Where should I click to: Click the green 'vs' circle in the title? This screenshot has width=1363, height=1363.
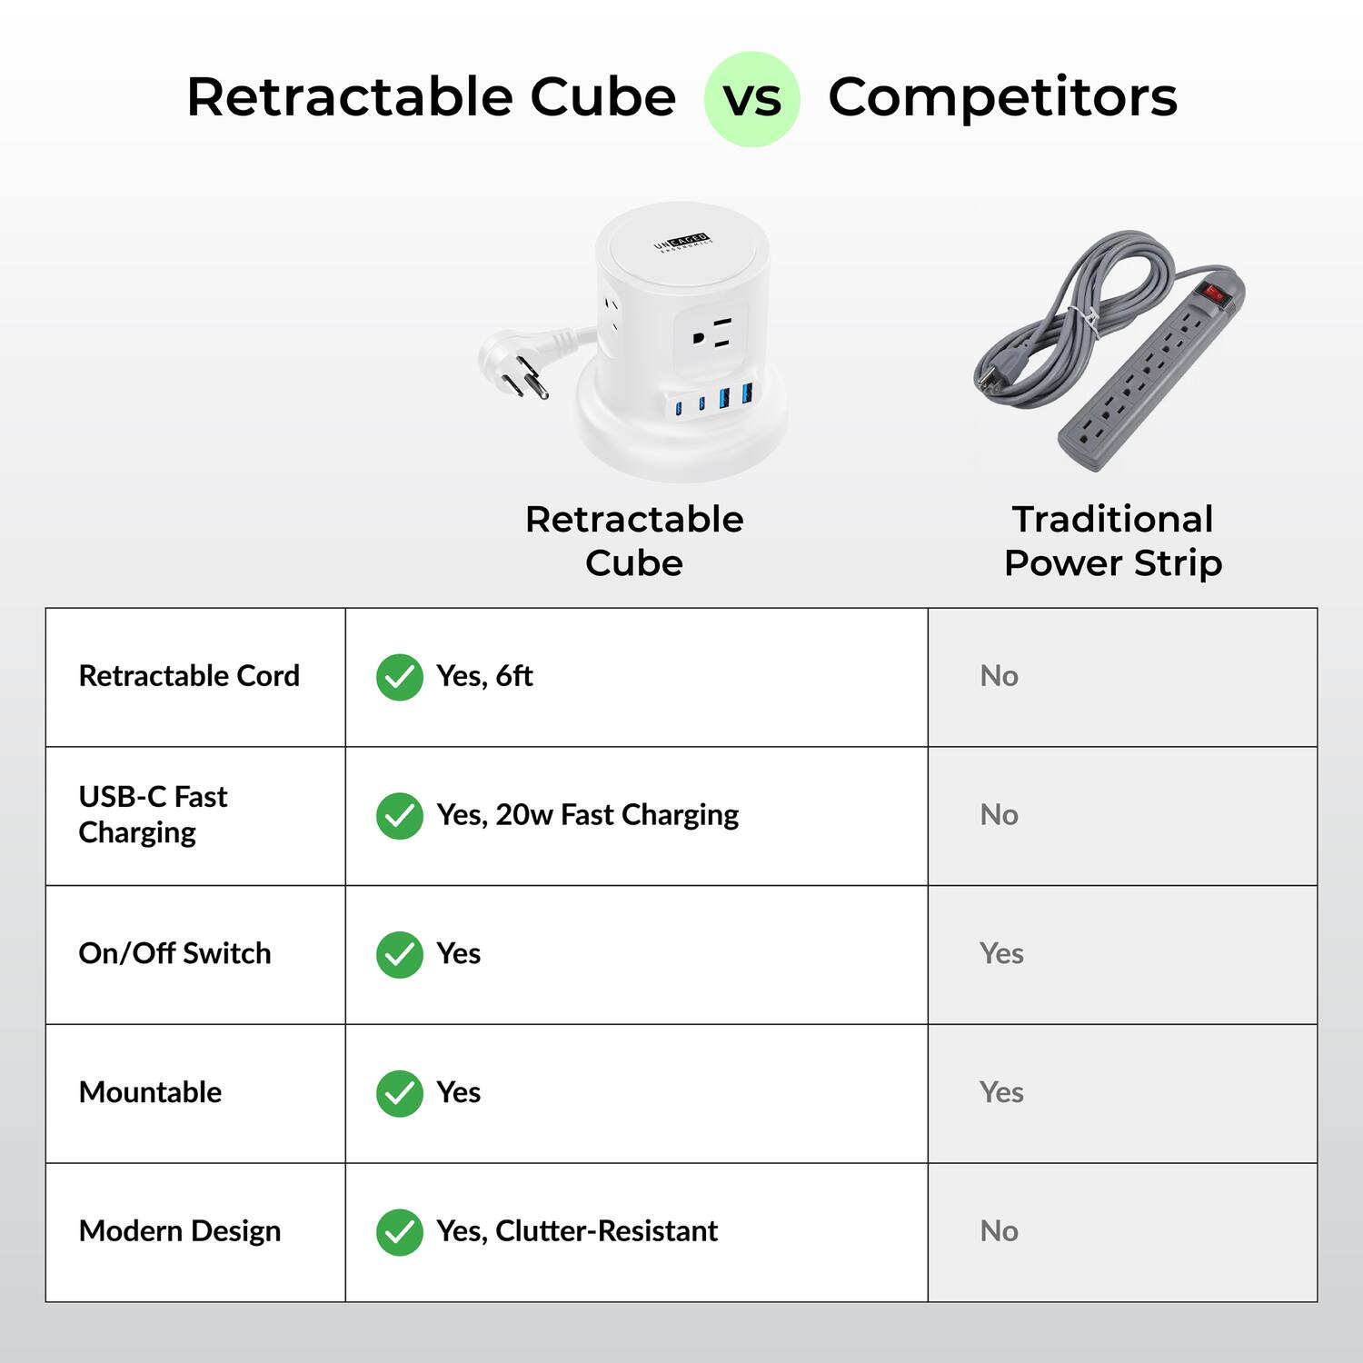click(x=751, y=99)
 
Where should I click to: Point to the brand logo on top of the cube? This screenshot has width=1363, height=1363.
click(x=682, y=243)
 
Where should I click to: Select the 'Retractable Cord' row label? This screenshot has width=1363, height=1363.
click(x=189, y=676)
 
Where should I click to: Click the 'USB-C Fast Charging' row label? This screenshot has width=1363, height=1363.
click(x=153, y=814)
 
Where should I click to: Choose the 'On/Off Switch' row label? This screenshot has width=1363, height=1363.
click(x=174, y=953)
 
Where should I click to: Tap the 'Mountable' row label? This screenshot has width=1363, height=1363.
click(x=150, y=1092)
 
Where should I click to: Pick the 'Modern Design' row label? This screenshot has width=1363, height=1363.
click(x=180, y=1231)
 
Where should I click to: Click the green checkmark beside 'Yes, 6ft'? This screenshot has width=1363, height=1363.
click(x=400, y=677)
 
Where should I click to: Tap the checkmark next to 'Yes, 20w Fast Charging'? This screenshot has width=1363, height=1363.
click(x=400, y=816)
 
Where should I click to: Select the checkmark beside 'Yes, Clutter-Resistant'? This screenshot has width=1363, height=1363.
click(x=400, y=1232)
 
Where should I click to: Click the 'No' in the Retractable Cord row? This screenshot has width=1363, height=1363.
click(x=999, y=676)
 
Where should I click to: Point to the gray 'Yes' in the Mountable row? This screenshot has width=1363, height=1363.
click(x=1001, y=1092)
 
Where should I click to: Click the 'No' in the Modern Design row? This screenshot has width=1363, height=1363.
click(x=999, y=1231)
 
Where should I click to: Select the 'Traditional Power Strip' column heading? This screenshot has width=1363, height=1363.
click(x=1113, y=541)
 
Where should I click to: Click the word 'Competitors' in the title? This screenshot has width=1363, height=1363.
click(x=1002, y=97)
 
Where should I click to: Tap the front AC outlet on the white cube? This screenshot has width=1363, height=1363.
click(x=711, y=334)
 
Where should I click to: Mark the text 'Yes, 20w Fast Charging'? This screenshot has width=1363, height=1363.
click(x=587, y=815)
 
